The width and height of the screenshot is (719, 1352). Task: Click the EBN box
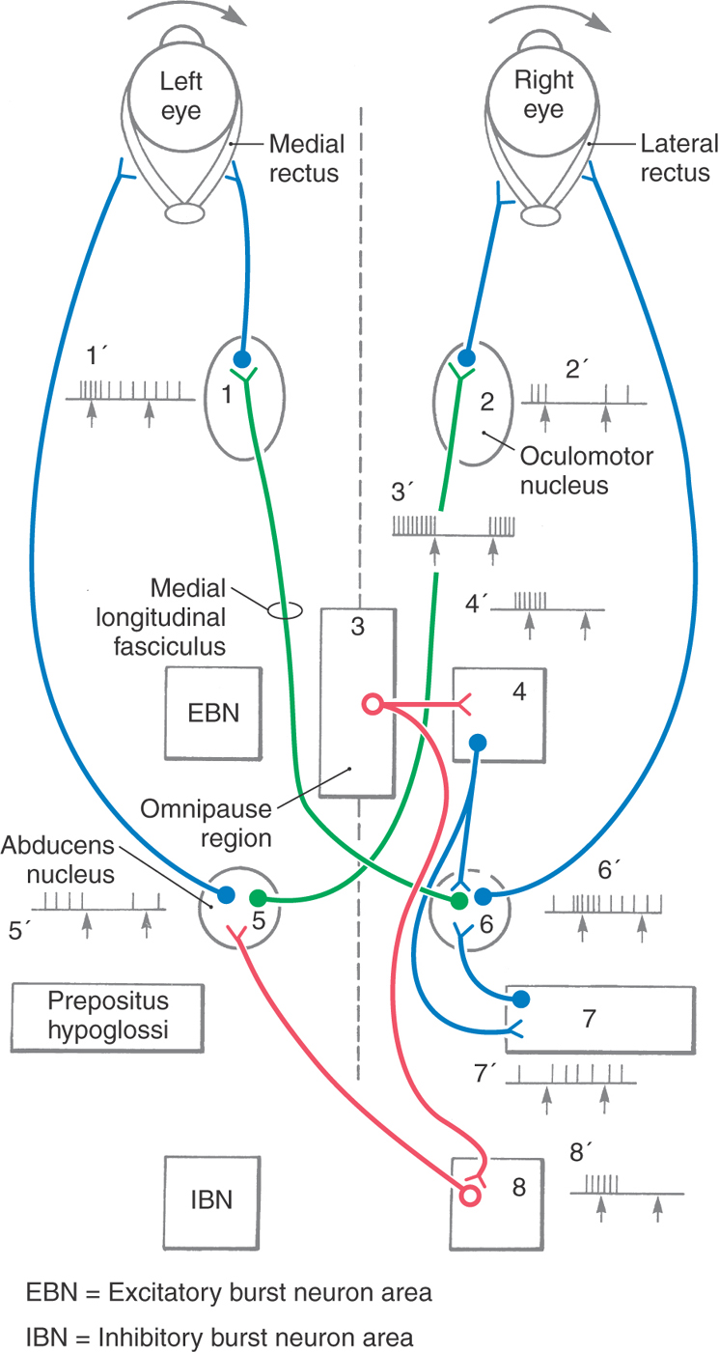coord(214,713)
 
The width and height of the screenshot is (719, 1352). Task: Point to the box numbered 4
coord(493,713)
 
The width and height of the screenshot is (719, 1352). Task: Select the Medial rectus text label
coord(306,159)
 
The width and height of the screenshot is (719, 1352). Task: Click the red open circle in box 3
coord(372,704)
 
